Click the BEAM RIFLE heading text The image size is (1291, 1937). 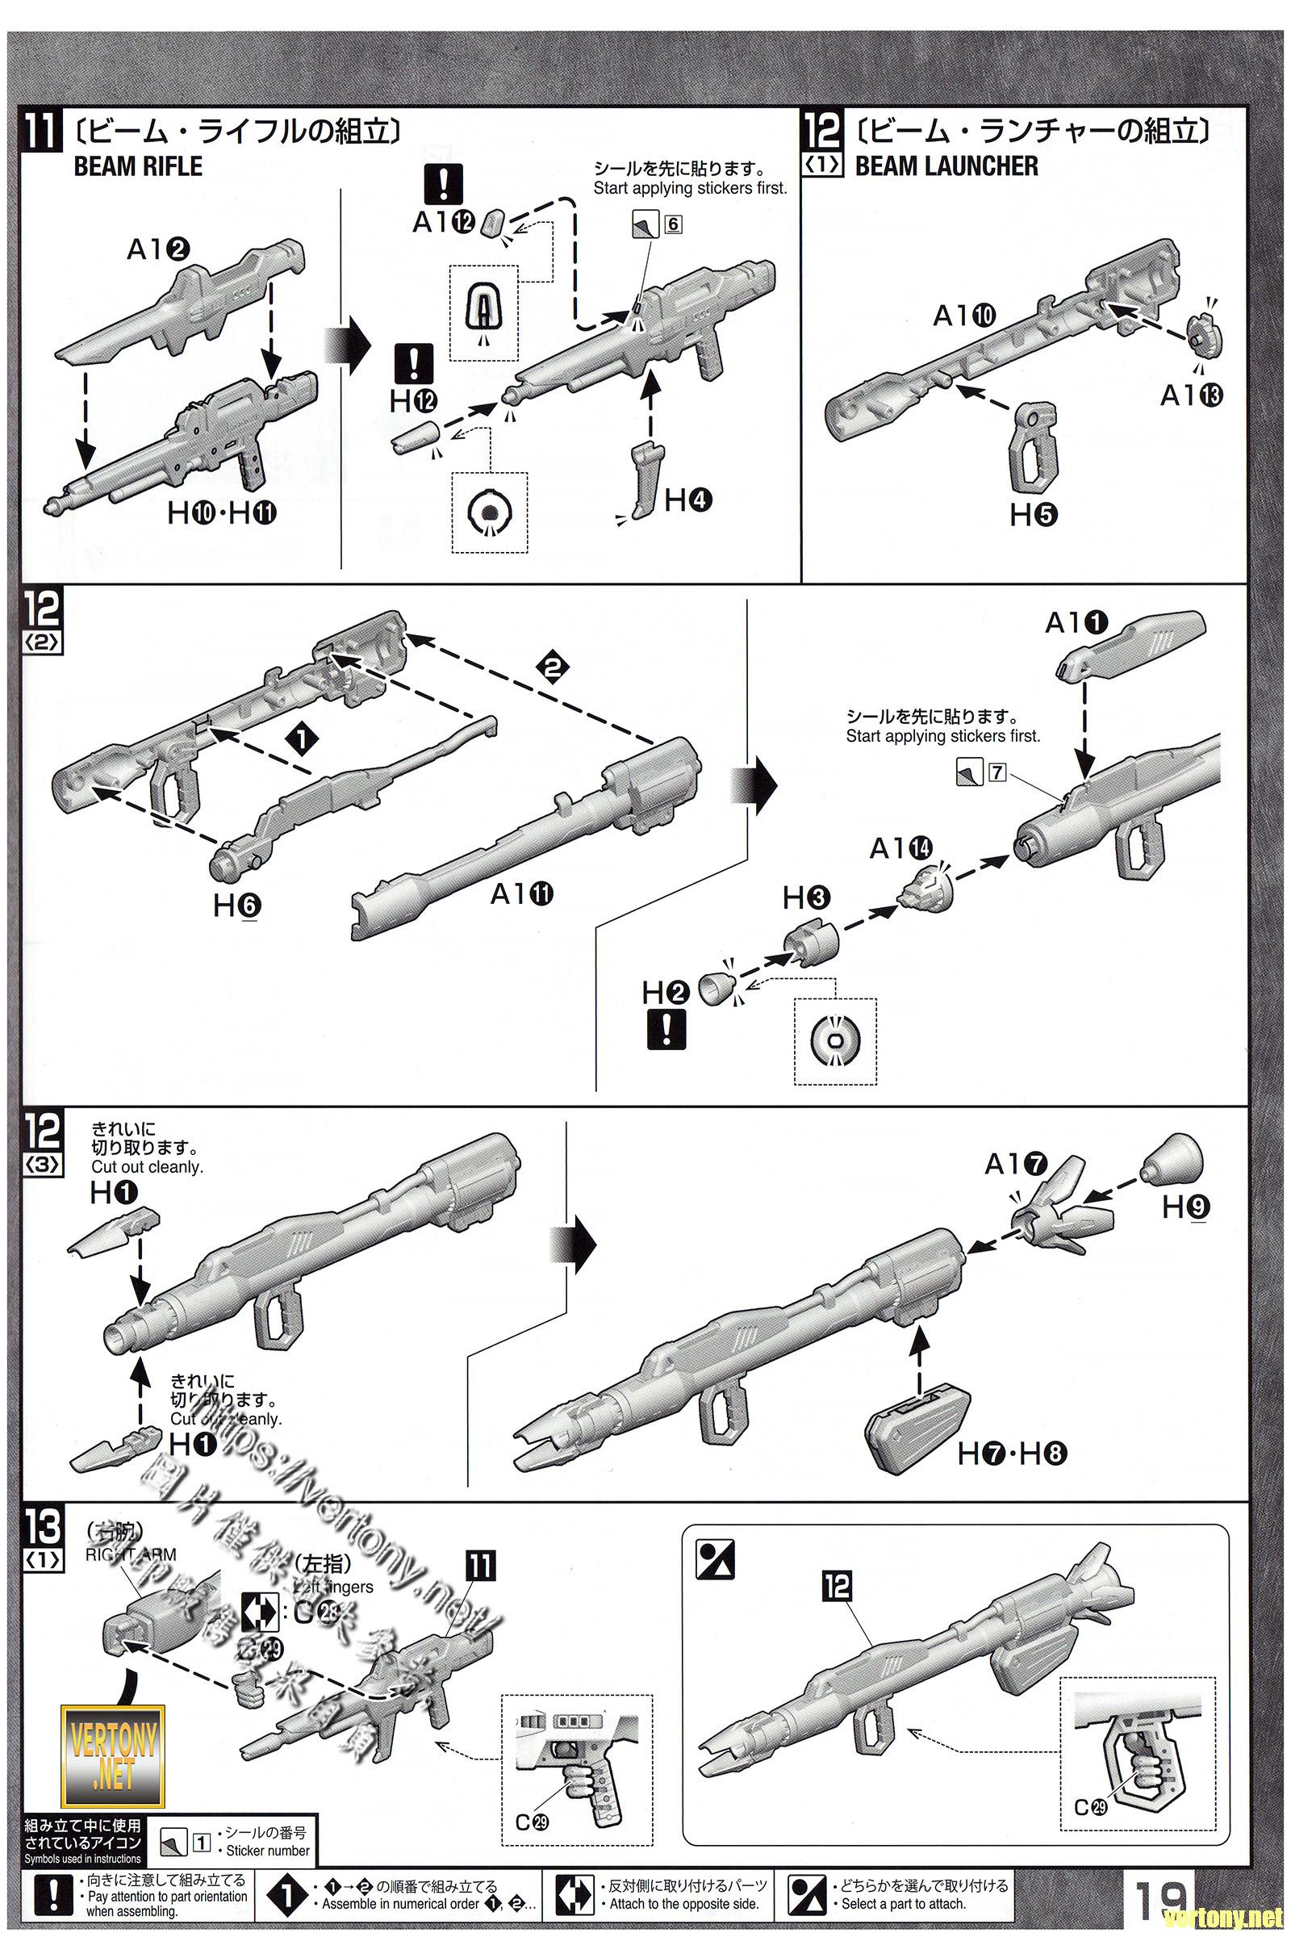(137, 166)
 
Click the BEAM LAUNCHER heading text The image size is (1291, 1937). (946, 166)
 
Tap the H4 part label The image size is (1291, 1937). (688, 499)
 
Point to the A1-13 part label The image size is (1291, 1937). (1191, 396)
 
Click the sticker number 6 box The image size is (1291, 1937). (674, 224)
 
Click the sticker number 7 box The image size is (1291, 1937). (997, 772)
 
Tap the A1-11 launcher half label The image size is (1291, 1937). (522, 893)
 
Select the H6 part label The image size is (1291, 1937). (237, 906)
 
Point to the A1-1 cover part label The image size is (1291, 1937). (1077, 624)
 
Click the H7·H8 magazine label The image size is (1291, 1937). (1012, 1454)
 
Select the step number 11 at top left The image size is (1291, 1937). (41, 131)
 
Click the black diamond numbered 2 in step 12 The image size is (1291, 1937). (552, 667)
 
